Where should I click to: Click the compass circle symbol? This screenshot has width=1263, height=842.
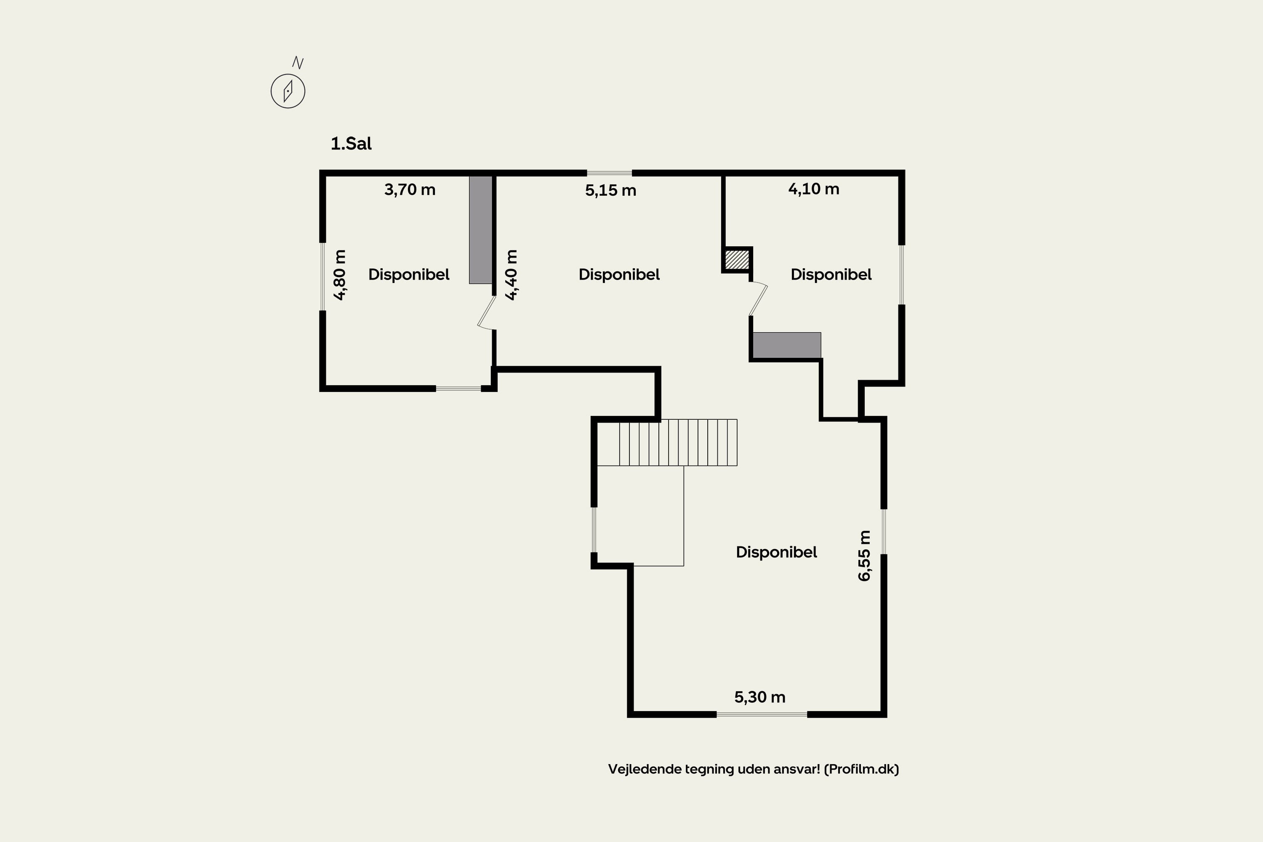coord(288,91)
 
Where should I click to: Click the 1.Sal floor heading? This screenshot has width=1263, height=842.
coord(351,144)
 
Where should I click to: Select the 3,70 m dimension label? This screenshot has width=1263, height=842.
coord(410,189)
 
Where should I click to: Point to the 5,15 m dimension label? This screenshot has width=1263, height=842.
coord(610,191)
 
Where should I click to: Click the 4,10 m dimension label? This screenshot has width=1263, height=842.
coord(813,189)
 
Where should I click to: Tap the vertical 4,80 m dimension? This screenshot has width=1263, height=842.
coord(340,275)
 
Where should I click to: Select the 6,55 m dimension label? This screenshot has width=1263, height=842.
coord(864,556)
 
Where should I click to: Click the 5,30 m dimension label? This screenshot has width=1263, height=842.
coord(760,697)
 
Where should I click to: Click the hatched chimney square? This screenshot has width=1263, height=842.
coord(737,260)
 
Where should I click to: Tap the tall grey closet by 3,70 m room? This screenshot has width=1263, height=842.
coord(481,230)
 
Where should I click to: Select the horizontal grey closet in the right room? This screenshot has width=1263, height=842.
coord(787,345)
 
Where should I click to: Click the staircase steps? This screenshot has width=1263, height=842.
coord(678,442)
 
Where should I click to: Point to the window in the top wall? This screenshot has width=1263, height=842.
coord(609,173)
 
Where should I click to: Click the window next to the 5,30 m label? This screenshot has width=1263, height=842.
coord(762,714)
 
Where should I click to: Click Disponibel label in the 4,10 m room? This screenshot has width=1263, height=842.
coord(831,274)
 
